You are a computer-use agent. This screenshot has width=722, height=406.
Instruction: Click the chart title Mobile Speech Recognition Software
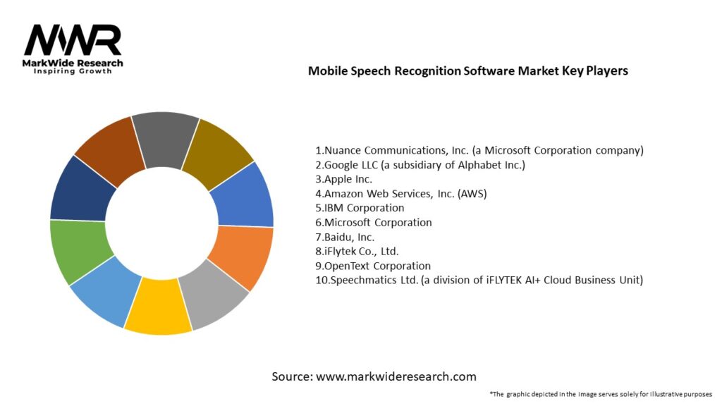pyautogui.click(x=467, y=71)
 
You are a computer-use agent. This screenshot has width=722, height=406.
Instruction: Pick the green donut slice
pyautogui.click(x=77, y=250)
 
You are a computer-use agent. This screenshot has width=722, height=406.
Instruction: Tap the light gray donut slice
pyautogui.click(x=211, y=300)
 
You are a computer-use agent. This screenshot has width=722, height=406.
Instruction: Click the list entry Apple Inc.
pyautogui.click(x=343, y=179)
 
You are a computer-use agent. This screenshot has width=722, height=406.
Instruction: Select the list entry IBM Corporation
pyautogui.click(x=360, y=208)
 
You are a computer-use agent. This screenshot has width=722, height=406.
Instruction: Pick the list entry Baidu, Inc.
pyautogui.click(x=345, y=237)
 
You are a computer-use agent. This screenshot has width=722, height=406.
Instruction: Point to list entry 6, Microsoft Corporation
pyautogui.click(x=373, y=222)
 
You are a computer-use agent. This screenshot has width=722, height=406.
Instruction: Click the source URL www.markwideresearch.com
pyautogui.click(x=396, y=376)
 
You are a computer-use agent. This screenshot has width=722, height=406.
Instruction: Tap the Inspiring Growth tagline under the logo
pyautogui.click(x=73, y=72)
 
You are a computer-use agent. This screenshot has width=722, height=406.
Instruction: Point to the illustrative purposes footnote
pyautogui.click(x=600, y=394)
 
